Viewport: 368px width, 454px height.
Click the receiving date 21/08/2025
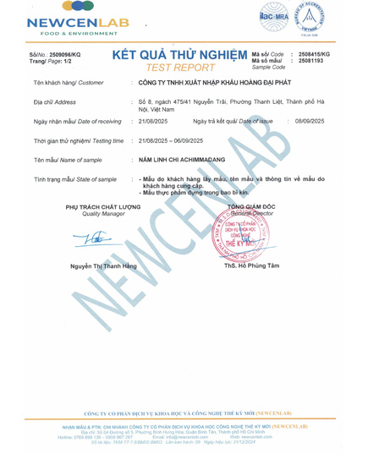click(152, 122)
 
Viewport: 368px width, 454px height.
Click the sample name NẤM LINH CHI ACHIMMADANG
click(180, 160)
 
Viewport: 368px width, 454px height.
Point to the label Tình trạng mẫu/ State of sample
click(74, 179)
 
